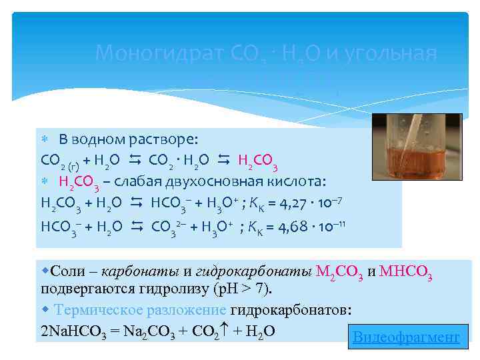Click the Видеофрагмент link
pos(406,337)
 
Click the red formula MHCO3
pos(405,272)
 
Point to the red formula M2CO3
pos(340,272)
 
